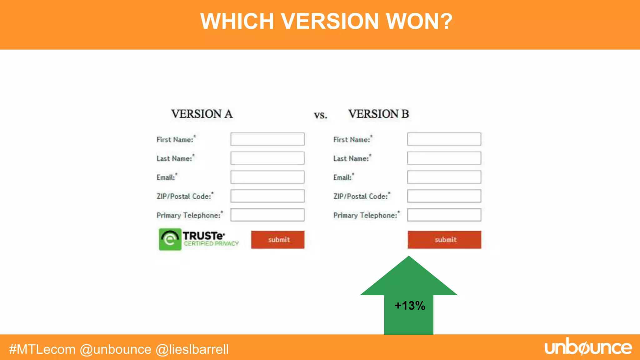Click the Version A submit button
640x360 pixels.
(277, 240)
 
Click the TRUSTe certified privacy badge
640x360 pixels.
(199, 239)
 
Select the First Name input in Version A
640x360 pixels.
(267, 139)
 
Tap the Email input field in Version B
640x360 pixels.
(444, 177)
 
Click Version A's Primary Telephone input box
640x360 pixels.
(267, 215)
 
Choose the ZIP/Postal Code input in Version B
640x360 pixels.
(444, 196)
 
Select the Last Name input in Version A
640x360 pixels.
(267, 158)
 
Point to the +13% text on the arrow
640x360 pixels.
(410, 306)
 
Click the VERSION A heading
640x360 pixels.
(202, 114)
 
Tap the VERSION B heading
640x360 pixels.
(378, 114)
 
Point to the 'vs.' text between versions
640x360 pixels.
(321, 115)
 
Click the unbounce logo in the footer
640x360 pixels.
(588, 347)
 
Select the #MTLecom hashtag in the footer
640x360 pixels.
(42, 349)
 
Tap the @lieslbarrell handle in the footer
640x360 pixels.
(192, 349)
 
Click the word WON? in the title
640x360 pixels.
(419, 21)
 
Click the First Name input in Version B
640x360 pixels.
(444, 139)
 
